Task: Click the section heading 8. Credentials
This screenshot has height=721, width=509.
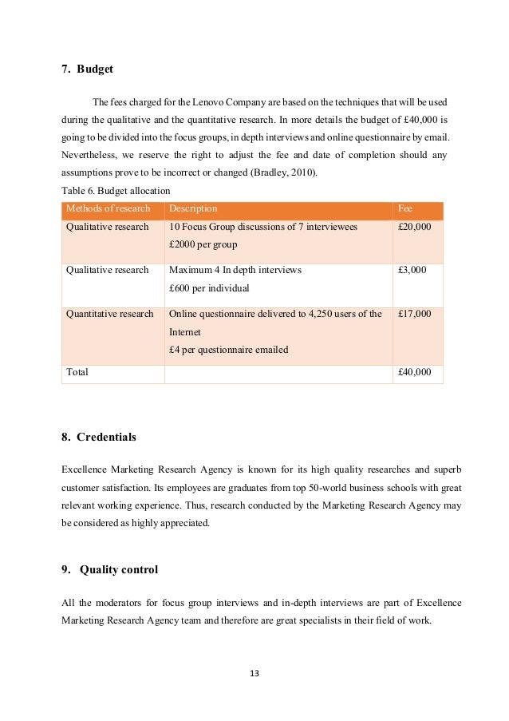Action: (x=98, y=437)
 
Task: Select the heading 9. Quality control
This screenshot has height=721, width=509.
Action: (x=109, y=569)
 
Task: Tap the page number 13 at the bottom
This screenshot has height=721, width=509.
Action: (x=254, y=673)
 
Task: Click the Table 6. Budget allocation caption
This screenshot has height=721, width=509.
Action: (x=116, y=191)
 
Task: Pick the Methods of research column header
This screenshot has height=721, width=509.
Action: (x=108, y=209)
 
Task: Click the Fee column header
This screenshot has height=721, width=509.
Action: (x=404, y=209)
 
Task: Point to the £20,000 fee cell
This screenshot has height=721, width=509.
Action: (x=414, y=228)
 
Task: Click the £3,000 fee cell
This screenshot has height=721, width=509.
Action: (x=412, y=271)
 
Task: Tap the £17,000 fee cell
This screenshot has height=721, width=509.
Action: (x=414, y=314)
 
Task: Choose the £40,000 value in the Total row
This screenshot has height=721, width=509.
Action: (x=414, y=372)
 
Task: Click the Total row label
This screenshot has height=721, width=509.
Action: (x=77, y=372)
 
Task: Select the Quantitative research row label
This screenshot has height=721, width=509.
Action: (x=109, y=314)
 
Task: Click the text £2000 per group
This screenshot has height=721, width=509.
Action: (x=203, y=244)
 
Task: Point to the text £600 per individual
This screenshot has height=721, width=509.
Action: (x=210, y=287)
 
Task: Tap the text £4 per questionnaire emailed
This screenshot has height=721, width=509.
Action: (x=228, y=349)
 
